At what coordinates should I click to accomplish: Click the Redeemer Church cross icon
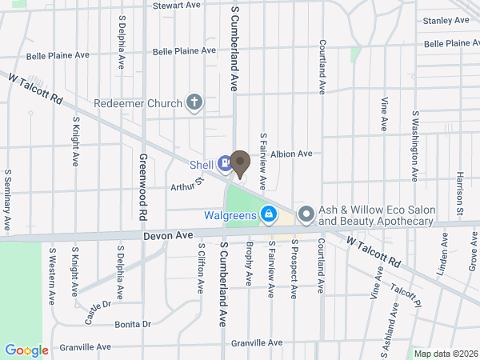click(194, 102)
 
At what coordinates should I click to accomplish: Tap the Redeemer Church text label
click(137, 102)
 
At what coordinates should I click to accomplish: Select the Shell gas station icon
click(225, 165)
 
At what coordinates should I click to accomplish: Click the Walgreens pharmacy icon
click(270, 214)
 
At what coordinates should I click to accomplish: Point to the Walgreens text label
click(229, 214)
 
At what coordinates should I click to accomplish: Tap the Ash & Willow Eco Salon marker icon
click(306, 214)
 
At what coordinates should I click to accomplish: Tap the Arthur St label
click(182, 186)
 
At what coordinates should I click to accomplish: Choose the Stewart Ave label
click(177, 5)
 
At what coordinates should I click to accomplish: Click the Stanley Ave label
click(446, 20)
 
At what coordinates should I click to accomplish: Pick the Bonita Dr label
click(133, 324)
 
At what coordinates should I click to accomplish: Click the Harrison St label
click(461, 193)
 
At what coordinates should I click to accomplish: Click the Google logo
click(26, 350)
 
